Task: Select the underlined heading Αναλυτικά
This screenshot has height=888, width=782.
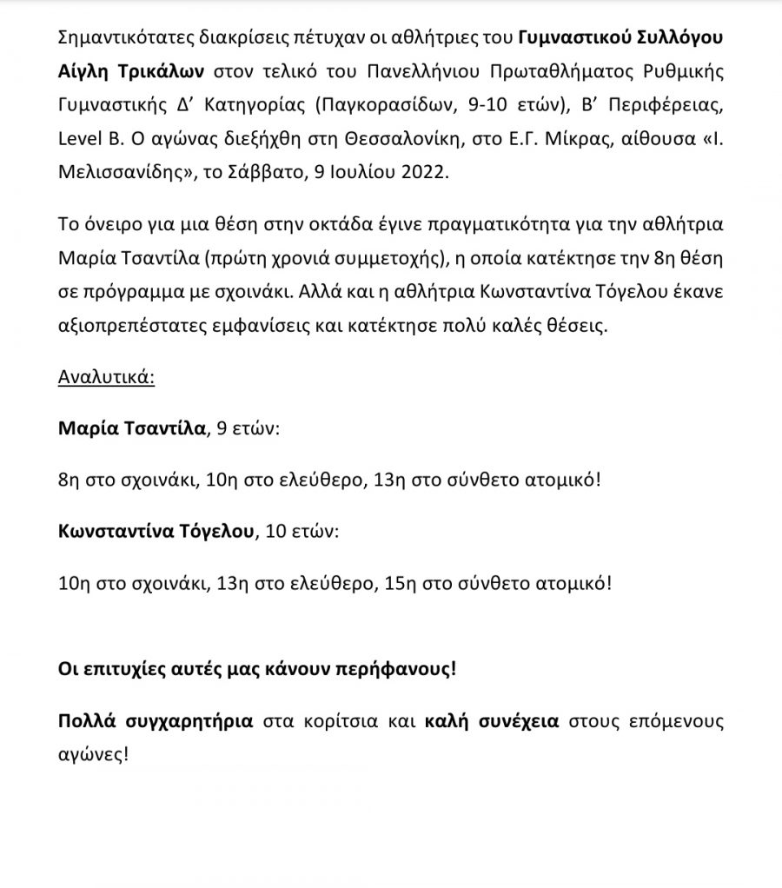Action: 106,380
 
